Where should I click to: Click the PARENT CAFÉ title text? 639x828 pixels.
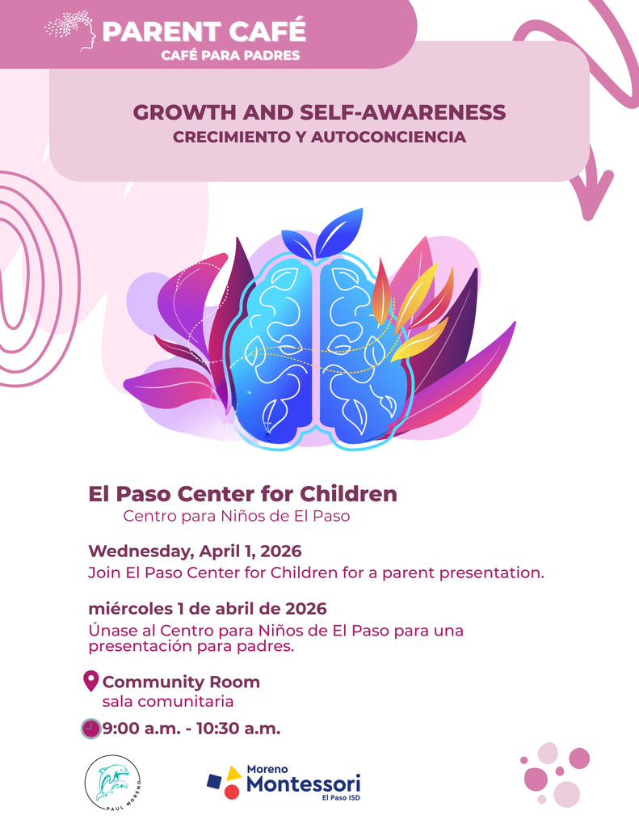204,32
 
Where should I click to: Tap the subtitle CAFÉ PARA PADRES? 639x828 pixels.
231,56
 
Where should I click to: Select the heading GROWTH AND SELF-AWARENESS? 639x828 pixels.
319,112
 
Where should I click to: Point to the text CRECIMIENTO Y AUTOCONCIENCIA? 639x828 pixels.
319,137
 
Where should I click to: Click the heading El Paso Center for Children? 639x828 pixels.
242,493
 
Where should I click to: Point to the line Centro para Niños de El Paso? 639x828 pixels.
236,516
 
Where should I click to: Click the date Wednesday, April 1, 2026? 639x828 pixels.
195,551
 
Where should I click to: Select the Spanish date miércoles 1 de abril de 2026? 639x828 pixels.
208,608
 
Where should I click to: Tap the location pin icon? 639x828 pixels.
91,682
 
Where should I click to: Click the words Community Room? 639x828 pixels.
181,682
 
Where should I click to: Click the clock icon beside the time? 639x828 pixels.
91,728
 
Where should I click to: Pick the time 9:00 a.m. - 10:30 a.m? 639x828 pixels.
191,728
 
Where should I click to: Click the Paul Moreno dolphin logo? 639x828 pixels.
114,782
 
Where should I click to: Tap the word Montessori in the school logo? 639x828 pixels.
303,784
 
